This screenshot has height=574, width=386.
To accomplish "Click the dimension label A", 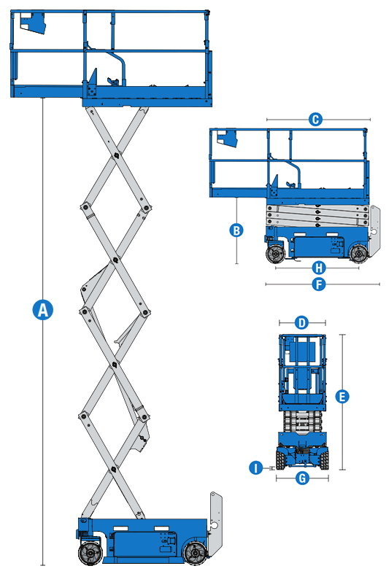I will (43, 309).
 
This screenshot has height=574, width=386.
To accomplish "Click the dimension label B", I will (236, 230).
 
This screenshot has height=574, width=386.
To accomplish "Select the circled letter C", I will (315, 119).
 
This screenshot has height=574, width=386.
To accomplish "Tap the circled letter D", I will (302, 322).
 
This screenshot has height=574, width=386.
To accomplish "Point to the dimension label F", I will (318, 284).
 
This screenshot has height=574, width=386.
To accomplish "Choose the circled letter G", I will (302, 478).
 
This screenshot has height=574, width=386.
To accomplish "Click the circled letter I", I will (255, 468).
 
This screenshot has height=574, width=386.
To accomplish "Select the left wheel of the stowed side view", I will (275, 254).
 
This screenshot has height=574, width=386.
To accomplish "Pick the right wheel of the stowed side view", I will (358, 254).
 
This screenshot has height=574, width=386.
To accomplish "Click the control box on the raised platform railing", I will (32, 23).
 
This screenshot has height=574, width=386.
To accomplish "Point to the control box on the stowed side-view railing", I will (228, 138).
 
